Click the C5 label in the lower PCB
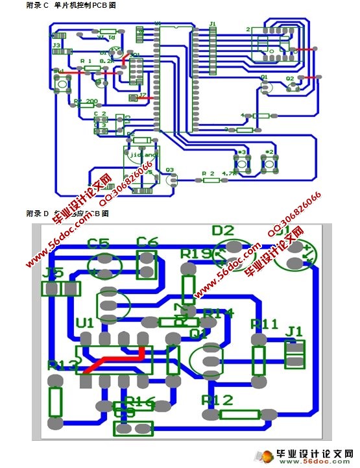pyautogui.click(x=99, y=243)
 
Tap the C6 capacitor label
pyautogui.click(x=147, y=242)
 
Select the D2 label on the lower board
pyautogui.click(x=222, y=230)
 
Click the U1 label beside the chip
pyautogui.click(x=84, y=323)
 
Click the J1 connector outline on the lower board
pyautogui.click(x=295, y=354)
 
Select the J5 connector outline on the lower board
pyautogui.click(x=62, y=289)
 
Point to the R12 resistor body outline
pyautogui.click(x=239, y=415)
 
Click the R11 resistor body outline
pyautogui.click(x=259, y=361)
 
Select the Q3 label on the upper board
pyautogui.click(x=170, y=170)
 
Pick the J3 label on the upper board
pyautogui.click(x=56, y=45)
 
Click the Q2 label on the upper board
pyautogui.click(x=290, y=78)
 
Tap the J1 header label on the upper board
pyautogui.click(x=212, y=24)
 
